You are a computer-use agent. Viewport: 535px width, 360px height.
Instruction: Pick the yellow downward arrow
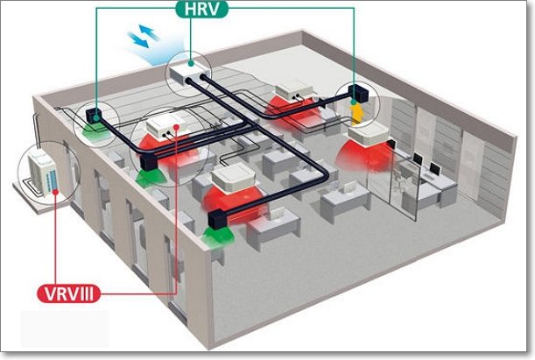click(356, 113)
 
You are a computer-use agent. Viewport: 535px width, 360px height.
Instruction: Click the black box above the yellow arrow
click(355, 93)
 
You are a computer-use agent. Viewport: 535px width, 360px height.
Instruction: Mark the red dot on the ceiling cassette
click(179, 127)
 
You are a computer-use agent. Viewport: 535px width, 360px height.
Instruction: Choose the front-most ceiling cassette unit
click(236, 179)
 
